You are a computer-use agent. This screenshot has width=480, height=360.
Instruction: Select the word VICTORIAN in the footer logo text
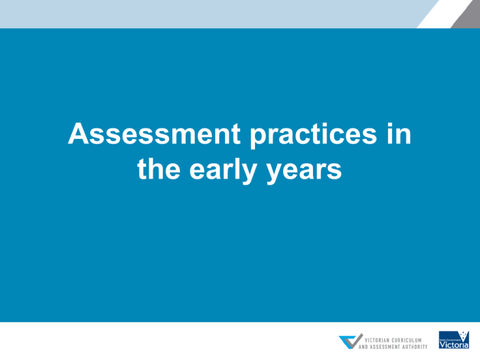374,339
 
